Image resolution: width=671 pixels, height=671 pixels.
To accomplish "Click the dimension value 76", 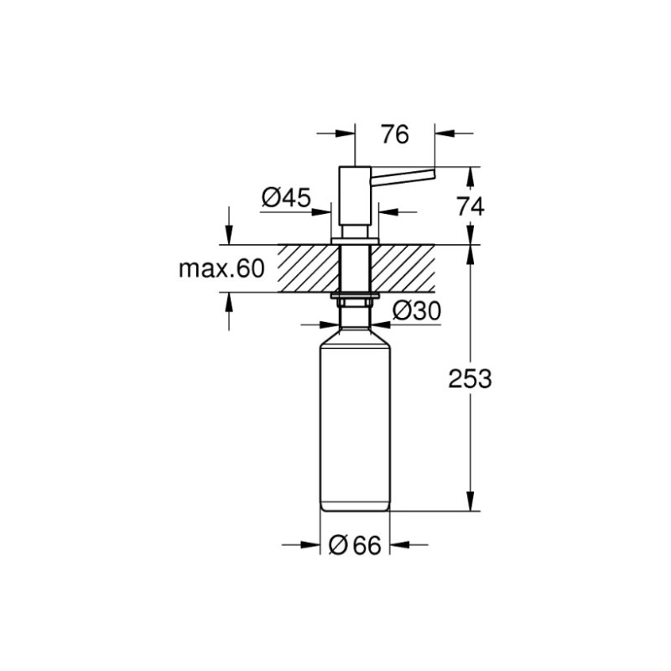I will point(394,133).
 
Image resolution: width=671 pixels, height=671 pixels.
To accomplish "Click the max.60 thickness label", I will point(221,268).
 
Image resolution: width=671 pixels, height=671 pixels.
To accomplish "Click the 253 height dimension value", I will point(469,378).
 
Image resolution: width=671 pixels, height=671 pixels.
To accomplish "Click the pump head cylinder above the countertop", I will point(355,201).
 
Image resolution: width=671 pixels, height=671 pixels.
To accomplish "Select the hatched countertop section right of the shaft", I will point(406,268).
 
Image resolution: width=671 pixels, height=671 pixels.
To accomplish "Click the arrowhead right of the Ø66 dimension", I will point(399,545).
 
